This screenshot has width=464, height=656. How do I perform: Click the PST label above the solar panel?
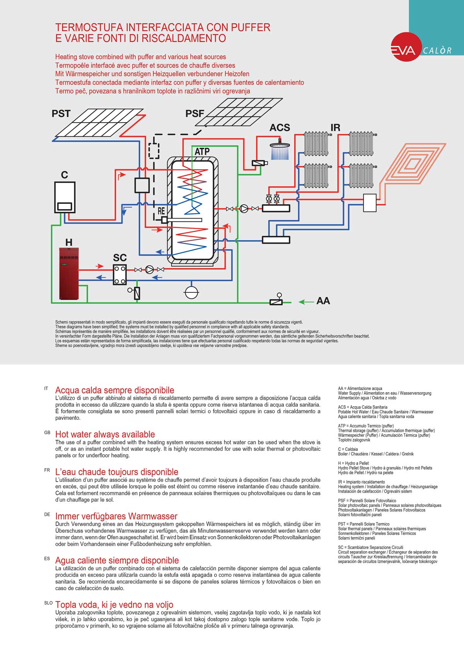61,114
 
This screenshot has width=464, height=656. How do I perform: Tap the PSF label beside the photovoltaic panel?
194,114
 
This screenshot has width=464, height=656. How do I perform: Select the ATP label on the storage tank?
202,152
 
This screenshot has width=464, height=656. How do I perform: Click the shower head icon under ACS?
280,150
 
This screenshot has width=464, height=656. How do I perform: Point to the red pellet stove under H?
68,273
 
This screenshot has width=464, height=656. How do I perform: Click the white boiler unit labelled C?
65,197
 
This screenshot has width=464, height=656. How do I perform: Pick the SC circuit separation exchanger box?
120,274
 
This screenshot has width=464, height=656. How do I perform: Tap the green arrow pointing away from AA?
306,302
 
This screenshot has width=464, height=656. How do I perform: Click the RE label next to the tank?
161,211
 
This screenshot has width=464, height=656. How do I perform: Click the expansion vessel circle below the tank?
192,292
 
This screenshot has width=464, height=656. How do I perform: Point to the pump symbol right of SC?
150,269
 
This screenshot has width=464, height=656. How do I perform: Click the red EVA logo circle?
404,49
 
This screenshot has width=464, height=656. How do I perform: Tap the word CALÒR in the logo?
437,51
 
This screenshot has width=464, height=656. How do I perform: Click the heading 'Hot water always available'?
105,434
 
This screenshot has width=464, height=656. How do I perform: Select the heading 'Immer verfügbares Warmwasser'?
116,516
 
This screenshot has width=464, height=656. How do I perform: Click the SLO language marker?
48,603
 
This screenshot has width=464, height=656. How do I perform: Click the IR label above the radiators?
335,128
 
